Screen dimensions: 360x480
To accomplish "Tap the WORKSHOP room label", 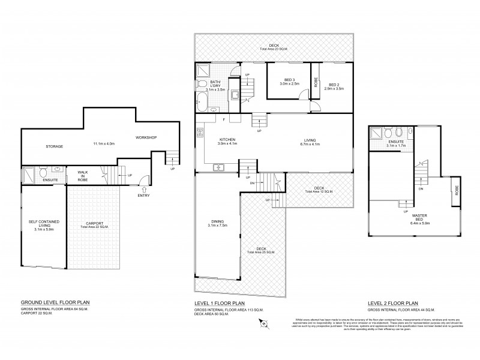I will (146, 137).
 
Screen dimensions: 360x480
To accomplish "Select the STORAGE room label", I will (54, 146).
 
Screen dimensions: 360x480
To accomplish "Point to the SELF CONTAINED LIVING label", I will (41, 226).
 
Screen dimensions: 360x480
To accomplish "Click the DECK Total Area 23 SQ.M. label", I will (274, 47).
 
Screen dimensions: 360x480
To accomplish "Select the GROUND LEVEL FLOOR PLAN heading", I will (55, 304).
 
